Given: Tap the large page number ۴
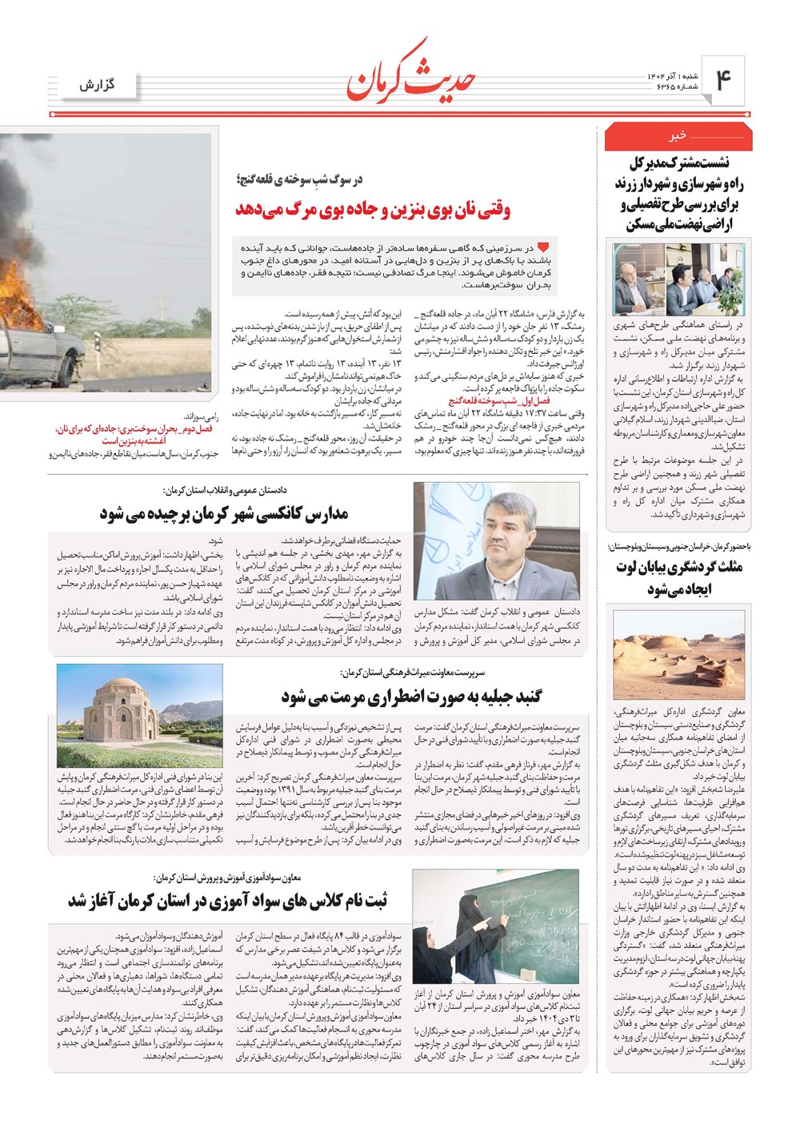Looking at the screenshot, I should [x=723, y=80].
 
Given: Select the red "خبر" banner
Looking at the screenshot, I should [x=678, y=137].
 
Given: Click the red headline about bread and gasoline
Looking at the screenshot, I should [x=372, y=210].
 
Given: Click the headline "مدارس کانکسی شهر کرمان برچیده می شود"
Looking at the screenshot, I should [x=224, y=513].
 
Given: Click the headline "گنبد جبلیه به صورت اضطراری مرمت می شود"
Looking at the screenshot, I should [x=411, y=697].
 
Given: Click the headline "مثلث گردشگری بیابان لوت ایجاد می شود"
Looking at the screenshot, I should [x=678, y=578].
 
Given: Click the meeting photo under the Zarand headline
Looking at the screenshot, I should [x=678, y=279].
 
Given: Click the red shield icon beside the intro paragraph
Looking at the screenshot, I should [x=543, y=247].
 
